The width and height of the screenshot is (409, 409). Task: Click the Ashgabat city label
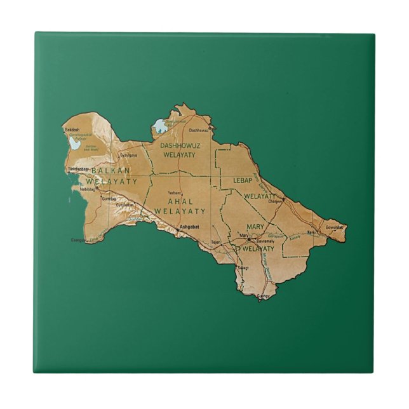pos(189,226)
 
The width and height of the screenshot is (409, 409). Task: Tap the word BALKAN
pos(111,171)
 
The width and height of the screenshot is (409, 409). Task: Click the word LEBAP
pos(243,180)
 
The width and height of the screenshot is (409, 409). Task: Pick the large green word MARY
pos(255,227)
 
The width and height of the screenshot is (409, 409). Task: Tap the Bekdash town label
pos(72,130)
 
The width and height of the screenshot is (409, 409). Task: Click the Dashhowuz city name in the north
pos(199,130)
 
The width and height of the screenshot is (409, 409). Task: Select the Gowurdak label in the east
pos(334,227)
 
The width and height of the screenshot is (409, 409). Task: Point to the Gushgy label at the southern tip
pos(263,296)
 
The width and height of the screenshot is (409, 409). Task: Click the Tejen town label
pos(215,242)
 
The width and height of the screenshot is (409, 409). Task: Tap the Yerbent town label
pos(175,192)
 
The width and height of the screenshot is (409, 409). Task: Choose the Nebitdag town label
pos(87,189)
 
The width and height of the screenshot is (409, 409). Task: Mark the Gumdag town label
pos(109,199)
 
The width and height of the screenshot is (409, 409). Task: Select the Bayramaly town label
pos(265,242)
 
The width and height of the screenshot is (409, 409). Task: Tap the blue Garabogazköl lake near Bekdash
pos(76,144)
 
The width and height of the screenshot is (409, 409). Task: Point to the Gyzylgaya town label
pos(128,154)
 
